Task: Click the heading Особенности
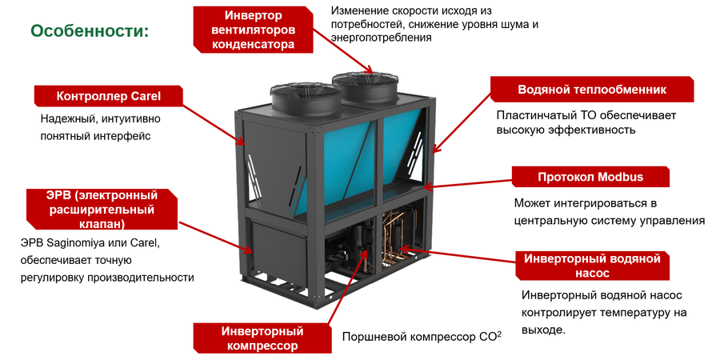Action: pos(90,31)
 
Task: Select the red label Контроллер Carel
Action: pos(108,96)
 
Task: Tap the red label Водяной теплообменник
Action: pos(591,89)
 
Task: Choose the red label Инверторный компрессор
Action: pos(262,338)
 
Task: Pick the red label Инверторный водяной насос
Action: pos(592,265)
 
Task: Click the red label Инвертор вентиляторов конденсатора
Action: pos(253,30)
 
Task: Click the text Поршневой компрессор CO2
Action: pos(421,337)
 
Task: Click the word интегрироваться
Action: pos(599,203)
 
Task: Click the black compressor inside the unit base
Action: pos(357,240)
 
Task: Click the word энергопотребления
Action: pos(372,38)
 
